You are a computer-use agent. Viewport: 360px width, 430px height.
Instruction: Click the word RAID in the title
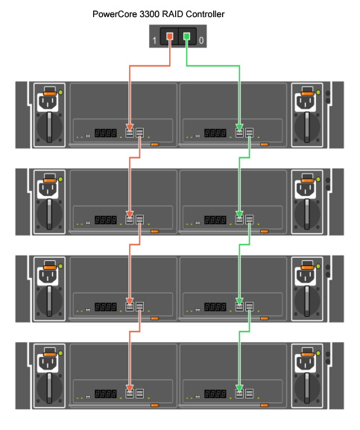[x=173, y=14]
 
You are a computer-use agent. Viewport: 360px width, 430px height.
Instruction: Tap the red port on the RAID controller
[x=170, y=36]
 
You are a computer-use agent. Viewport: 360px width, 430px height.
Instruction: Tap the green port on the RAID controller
[x=187, y=36]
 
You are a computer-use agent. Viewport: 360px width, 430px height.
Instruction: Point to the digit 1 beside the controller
[x=154, y=40]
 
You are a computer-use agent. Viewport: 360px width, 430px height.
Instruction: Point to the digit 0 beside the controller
[x=201, y=40]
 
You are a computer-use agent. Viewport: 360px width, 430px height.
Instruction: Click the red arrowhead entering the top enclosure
[x=130, y=127]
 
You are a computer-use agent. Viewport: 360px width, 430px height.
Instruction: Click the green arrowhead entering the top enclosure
[x=240, y=127]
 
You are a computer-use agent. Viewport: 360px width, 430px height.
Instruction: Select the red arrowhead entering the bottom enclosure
[x=130, y=388]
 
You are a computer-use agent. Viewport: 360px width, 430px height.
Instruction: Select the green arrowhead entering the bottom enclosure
[x=240, y=388]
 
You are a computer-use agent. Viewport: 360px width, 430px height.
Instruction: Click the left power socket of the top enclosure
[x=48, y=102]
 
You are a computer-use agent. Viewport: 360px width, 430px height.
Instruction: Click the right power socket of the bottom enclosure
[x=306, y=363]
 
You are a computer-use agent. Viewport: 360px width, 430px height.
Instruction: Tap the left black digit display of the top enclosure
[x=106, y=133]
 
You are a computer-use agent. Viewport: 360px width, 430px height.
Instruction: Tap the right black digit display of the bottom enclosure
[x=215, y=394]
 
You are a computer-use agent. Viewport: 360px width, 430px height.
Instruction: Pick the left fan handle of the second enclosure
[x=49, y=214]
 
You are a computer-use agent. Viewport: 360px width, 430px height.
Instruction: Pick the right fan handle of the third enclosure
[x=307, y=301]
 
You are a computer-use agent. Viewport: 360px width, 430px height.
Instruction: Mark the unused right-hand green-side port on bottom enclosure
[x=249, y=393]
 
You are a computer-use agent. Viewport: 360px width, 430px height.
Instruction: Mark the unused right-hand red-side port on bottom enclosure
[x=139, y=393]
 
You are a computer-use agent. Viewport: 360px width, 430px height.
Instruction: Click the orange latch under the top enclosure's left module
[x=155, y=145]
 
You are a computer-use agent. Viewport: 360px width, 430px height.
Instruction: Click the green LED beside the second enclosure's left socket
[x=60, y=179]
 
